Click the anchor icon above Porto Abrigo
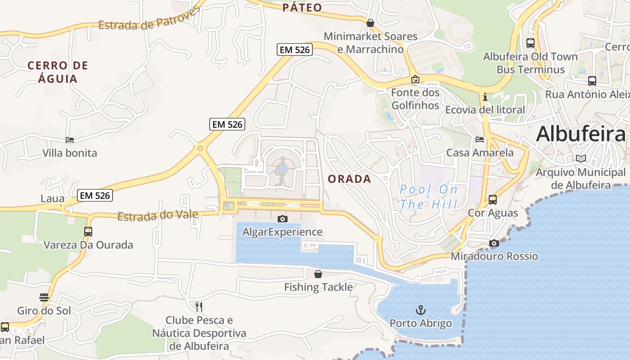420,310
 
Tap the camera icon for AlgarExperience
283,219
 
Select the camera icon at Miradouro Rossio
494,243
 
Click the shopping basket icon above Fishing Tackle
318,274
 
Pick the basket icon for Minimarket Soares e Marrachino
370,22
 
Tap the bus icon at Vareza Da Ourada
88,231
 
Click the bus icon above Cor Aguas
493,199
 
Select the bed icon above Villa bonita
70,139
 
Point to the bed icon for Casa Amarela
480,139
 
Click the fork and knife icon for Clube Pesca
199,307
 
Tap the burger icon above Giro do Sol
44,297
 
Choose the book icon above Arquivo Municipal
581,159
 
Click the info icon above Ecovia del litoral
485,97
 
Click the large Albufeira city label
580,134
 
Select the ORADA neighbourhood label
349,179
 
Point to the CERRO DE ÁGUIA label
58,72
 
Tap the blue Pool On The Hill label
428,197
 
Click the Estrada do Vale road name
157,216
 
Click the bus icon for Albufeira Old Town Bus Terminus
531,43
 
